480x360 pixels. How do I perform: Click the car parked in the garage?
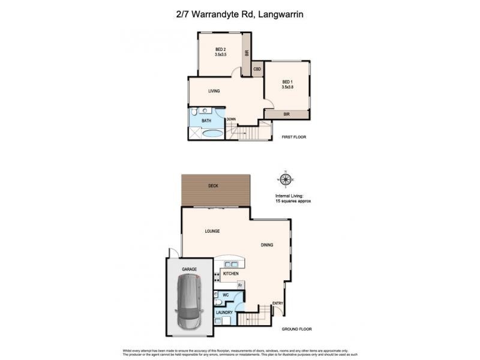coord(188,304)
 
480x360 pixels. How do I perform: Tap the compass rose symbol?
coord(286,179)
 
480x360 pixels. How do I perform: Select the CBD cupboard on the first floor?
coord(257,69)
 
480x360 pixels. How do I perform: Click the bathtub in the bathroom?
coord(207,133)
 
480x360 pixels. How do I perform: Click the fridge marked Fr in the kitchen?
coord(239,286)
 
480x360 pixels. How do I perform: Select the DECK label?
coord(213,186)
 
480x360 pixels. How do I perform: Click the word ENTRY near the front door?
coord(278,304)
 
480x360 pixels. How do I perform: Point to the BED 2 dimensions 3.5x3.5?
coord(221,55)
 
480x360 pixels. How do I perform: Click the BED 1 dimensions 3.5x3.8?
coord(287,87)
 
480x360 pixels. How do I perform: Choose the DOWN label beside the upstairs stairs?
coord(231,119)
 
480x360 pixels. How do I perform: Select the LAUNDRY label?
coord(225,313)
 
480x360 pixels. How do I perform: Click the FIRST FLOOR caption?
coord(294,137)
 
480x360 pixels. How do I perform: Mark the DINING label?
coord(268,245)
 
